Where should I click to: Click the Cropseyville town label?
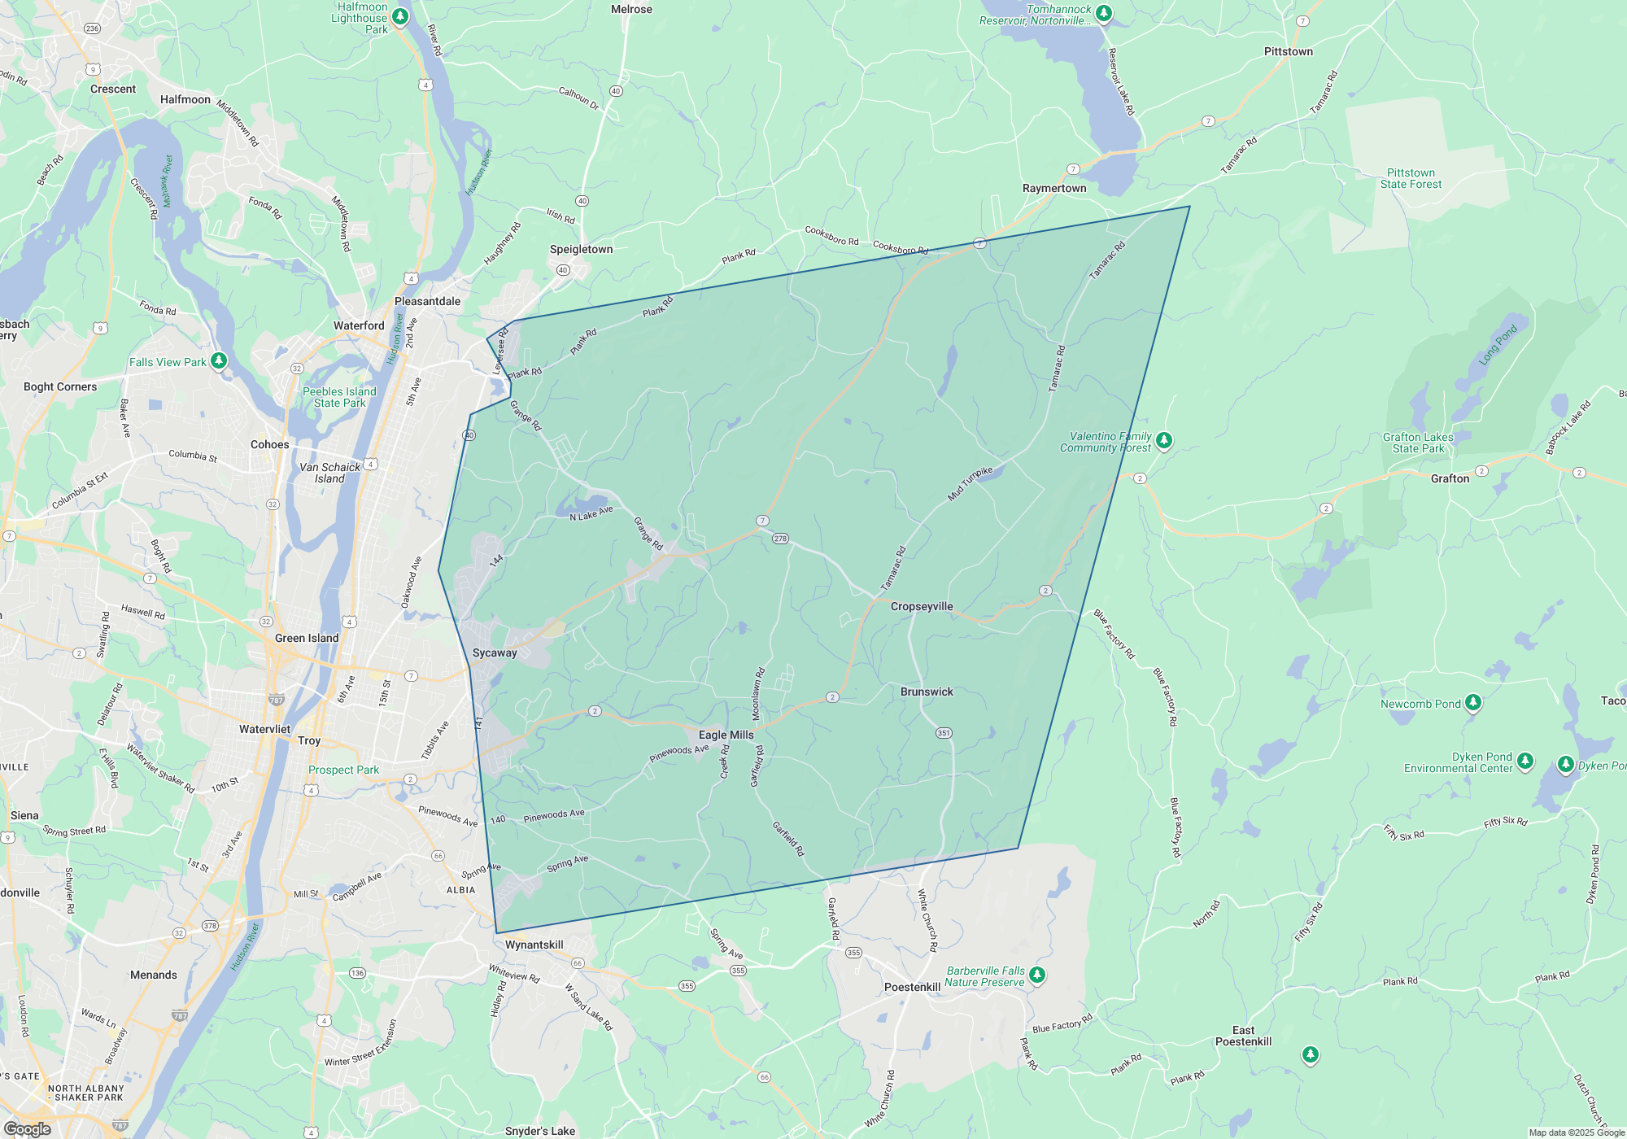point(921,606)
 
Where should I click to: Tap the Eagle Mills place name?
point(726,735)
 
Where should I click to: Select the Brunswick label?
point(927,692)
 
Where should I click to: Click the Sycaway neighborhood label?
point(495,652)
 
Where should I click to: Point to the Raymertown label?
point(1054,188)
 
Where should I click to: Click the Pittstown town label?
point(1288,51)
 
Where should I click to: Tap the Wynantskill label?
point(534,945)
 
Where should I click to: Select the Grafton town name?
point(1450,478)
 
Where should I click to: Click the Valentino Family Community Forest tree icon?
point(1164,440)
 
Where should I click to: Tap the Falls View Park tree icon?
point(219,360)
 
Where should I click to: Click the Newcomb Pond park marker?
point(1473,702)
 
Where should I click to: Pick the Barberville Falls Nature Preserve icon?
point(1036,975)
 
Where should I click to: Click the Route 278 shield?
point(780,539)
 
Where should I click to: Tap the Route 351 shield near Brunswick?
point(944,733)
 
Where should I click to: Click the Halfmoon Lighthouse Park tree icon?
point(399,16)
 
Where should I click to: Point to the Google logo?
point(27,1128)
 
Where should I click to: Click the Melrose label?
point(631,9)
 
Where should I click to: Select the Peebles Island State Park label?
point(339,397)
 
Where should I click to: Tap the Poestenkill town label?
point(912,987)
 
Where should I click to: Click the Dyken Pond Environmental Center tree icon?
point(1525,761)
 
